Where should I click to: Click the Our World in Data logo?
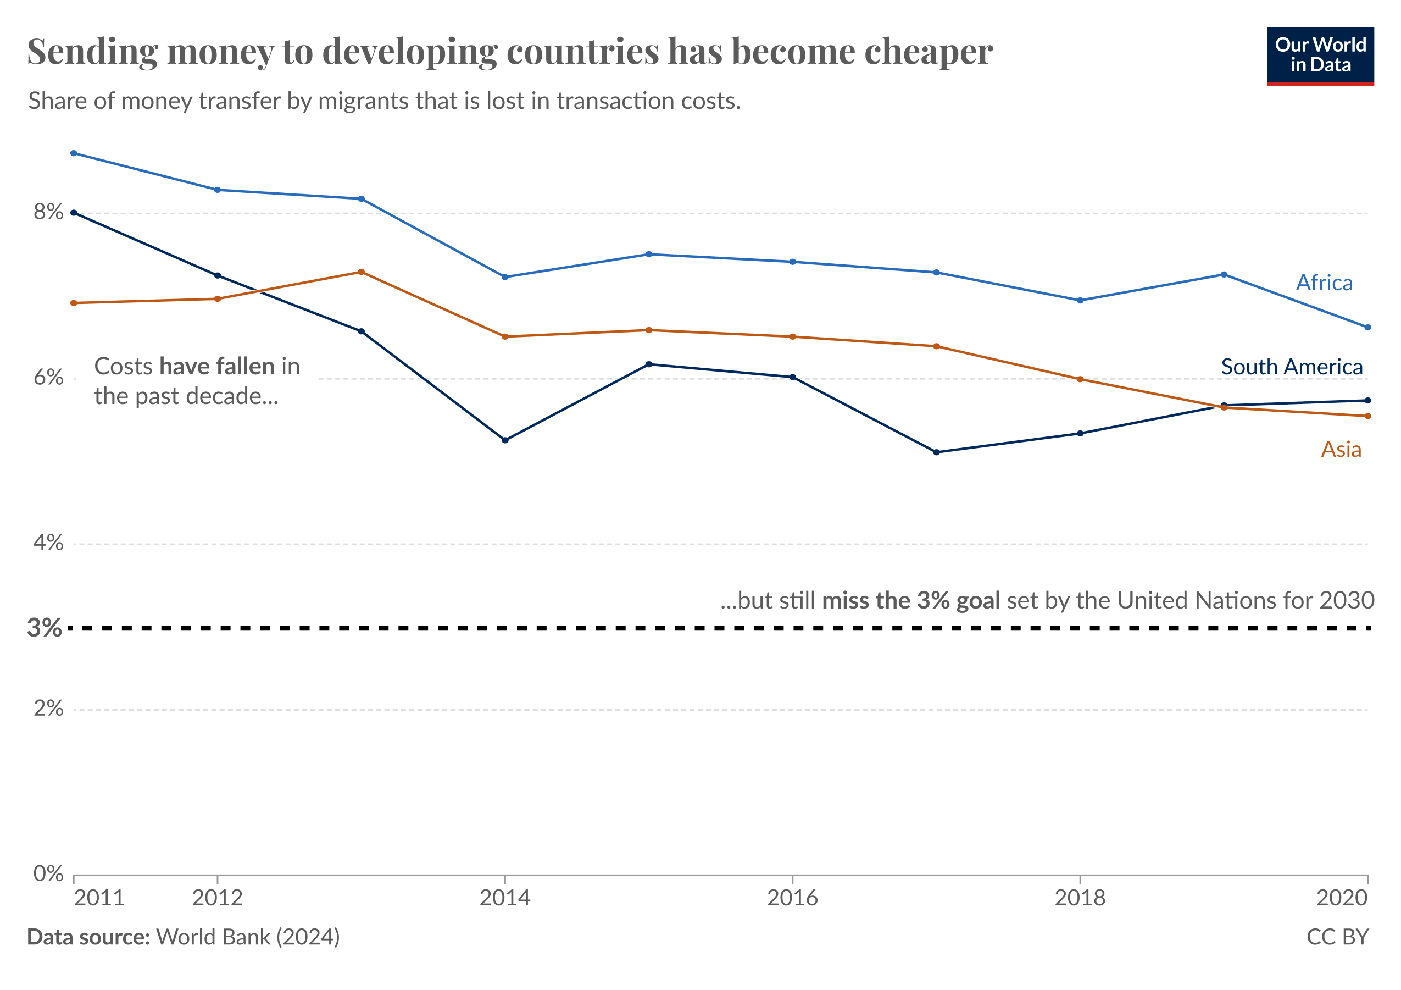pos(1320,56)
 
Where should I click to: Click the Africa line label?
pos(1324,283)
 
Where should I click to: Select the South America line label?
pos(1291,367)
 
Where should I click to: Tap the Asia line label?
pos(1341,449)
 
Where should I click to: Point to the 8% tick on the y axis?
pos(48,212)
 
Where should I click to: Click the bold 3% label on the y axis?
pos(44,627)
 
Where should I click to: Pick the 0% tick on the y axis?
pos(48,873)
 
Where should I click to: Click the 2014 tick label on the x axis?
pos(504,898)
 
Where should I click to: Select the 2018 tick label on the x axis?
pos(1080,898)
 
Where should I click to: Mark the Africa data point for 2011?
pos(74,153)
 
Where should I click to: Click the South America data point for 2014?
pos(504,440)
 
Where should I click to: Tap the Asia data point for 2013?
pos(361,272)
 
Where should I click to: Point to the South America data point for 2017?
pos(936,452)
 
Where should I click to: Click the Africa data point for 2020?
pos(1367,328)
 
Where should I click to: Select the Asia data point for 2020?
pos(1367,416)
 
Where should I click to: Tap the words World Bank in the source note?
pos(213,937)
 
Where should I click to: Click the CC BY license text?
pos(1337,937)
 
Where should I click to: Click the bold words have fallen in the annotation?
pos(216,366)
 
